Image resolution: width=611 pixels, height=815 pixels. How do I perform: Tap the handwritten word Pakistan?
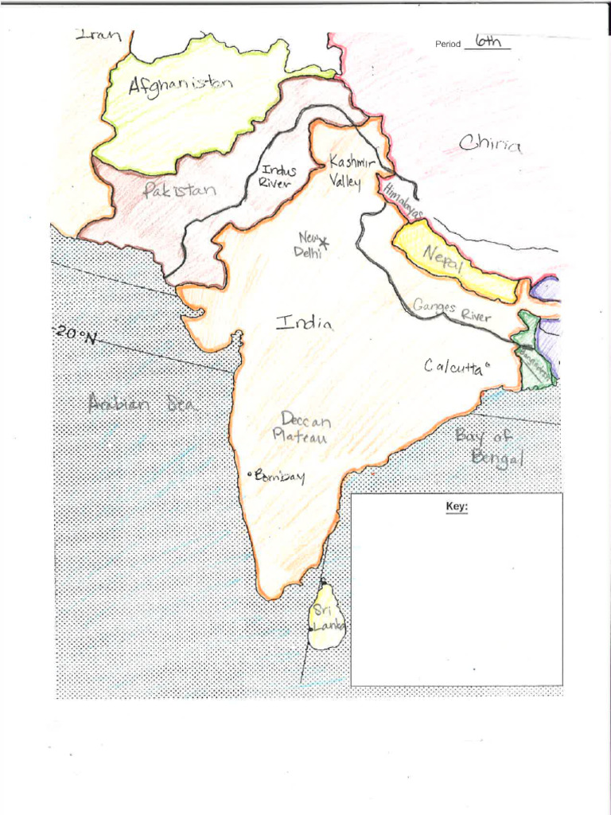click(x=179, y=190)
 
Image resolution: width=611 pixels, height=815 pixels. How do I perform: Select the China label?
click(x=490, y=144)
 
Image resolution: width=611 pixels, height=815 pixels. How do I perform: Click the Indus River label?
click(x=277, y=176)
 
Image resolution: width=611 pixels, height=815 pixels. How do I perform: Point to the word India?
click(x=304, y=322)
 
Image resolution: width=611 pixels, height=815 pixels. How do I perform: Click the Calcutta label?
click(x=453, y=367)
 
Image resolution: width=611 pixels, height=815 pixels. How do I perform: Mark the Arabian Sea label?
click(x=142, y=404)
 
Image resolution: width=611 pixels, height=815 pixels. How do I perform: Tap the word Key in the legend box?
click(x=457, y=506)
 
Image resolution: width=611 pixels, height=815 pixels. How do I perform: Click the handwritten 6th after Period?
click(x=488, y=41)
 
